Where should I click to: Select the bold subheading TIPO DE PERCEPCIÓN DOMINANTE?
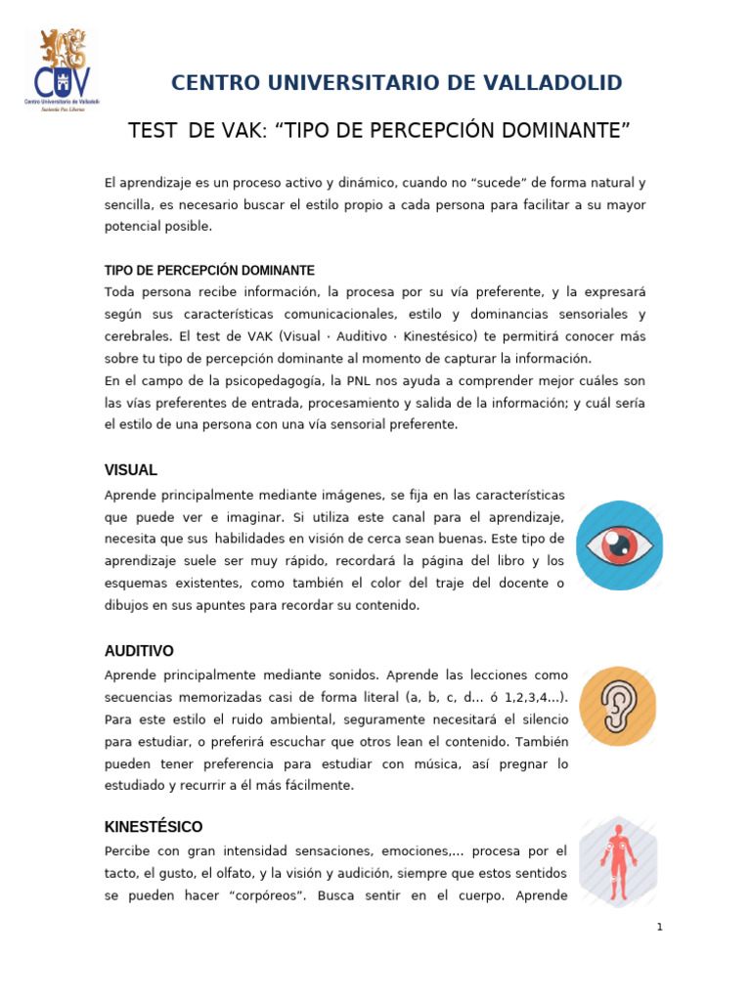coord(209,270)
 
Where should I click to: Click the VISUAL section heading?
coord(131,470)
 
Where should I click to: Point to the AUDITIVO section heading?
coord(139,651)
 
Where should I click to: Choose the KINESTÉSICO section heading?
coord(154,827)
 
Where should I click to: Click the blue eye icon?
coord(619,545)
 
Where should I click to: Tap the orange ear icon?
coord(618,707)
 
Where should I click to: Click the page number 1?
coord(660,927)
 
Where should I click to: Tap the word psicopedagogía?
coord(299,381)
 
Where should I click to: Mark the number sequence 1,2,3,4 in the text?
coord(514,698)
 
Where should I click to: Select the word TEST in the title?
coord(150,131)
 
